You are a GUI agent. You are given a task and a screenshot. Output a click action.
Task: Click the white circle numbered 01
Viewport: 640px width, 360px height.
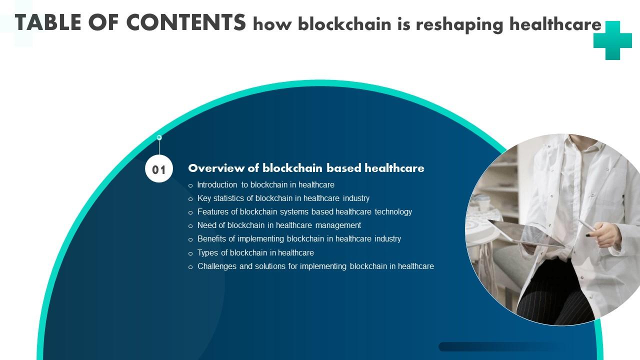(159, 169)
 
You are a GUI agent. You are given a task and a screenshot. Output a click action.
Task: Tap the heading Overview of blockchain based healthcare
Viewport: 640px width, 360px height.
(306, 168)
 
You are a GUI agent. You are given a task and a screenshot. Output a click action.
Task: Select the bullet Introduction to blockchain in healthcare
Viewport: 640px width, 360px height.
(265, 184)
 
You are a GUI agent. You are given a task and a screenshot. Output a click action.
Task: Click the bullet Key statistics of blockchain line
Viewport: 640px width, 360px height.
(283, 198)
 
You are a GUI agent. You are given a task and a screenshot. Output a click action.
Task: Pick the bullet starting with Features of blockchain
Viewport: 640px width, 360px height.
(304, 211)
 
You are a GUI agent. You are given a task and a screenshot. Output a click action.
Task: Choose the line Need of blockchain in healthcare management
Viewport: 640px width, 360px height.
(279, 225)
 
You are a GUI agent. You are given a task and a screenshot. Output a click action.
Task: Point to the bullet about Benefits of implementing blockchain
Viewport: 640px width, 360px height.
(299, 238)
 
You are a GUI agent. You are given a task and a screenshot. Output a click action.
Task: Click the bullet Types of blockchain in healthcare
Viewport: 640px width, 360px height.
(255, 252)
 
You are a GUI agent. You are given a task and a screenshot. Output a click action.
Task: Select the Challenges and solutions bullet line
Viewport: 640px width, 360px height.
(315, 266)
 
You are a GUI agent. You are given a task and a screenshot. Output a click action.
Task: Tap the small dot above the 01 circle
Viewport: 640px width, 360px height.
(159, 137)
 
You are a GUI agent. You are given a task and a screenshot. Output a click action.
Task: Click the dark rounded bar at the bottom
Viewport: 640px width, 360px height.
(500, 346)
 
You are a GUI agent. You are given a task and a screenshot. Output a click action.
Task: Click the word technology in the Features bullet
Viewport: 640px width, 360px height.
(393, 211)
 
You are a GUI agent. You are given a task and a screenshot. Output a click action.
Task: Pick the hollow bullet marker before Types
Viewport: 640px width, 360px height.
(190, 253)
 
